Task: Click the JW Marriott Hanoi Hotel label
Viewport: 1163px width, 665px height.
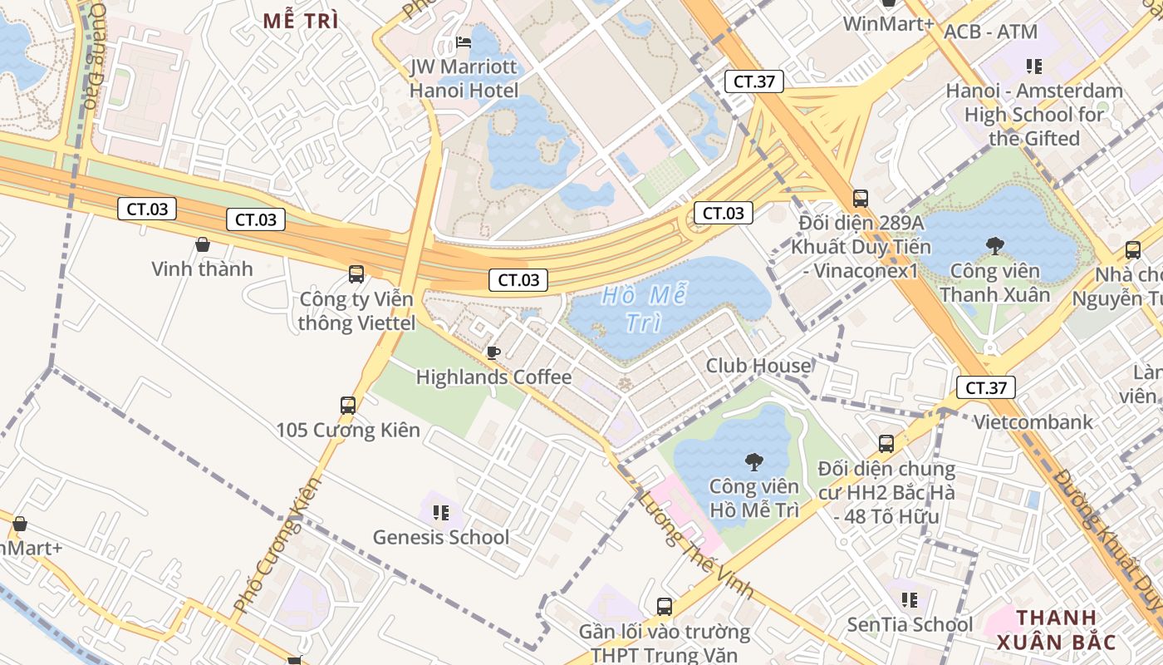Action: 464,79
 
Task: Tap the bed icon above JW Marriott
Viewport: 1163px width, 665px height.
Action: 464,42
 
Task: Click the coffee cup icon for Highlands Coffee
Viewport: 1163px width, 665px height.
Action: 493,352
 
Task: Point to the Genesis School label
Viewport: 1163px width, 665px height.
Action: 440,537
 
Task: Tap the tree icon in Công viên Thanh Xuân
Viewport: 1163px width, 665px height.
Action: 994,245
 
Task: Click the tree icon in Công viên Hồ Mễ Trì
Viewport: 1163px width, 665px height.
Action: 753,461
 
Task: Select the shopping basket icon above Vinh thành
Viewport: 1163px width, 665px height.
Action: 202,244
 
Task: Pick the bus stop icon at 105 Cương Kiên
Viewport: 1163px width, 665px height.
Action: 348,406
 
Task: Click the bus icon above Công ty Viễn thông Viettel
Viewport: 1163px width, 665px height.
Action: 356,273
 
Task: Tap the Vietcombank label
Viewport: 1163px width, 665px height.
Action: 1033,422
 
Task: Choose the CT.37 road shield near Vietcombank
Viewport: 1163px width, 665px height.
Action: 985,387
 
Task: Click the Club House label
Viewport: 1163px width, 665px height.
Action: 758,366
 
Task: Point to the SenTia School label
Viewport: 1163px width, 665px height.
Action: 910,624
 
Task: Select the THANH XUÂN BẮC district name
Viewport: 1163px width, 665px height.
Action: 1057,629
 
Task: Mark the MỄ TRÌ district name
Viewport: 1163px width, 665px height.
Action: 301,22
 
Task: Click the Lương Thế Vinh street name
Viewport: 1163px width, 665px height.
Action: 695,544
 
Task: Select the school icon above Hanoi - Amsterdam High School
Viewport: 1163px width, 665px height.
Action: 1033,66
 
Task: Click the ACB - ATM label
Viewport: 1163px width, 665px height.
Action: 990,32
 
